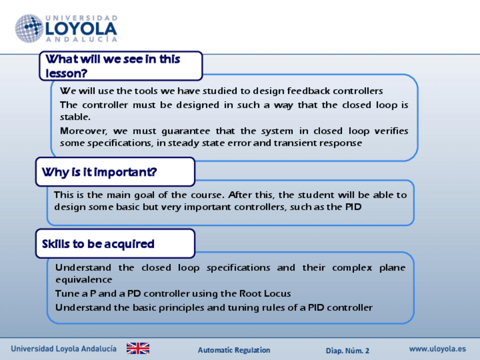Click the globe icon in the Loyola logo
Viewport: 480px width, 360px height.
pos(29,28)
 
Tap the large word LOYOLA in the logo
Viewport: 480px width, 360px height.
pos(81,29)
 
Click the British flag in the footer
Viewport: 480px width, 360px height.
pos(138,348)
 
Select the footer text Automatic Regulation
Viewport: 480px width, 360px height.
pos(234,350)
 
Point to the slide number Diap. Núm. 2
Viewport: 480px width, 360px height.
pos(348,350)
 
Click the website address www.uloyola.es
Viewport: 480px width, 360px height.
pos(438,349)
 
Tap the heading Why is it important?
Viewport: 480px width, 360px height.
pos(99,172)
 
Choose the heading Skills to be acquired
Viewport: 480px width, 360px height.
pos(98,244)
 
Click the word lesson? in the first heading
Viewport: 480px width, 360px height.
pos(66,74)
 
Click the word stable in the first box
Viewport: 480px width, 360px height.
pos(74,117)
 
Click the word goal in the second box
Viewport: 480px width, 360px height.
pos(144,195)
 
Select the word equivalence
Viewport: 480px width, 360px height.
pos(84,280)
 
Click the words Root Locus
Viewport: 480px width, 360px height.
pos(265,294)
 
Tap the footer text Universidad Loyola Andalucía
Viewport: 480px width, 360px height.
pos(63,349)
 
